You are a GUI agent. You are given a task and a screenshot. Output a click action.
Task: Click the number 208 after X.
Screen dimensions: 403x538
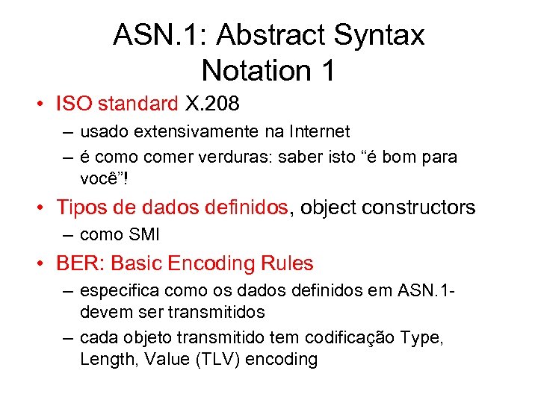click(226, 103)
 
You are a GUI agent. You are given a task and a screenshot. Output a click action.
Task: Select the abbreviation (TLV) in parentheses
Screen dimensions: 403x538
click(219, 359)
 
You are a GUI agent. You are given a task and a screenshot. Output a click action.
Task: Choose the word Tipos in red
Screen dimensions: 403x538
click(82, 207)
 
